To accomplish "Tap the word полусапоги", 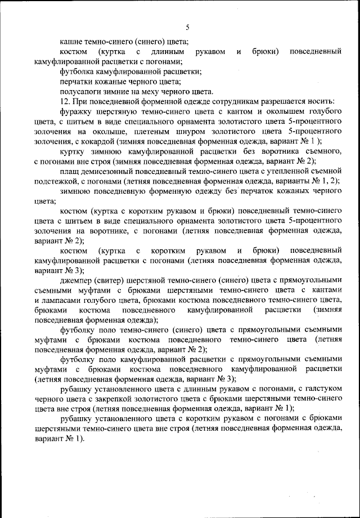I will click(x=80, y=92).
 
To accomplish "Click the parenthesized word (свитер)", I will click(x=114, y=280).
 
